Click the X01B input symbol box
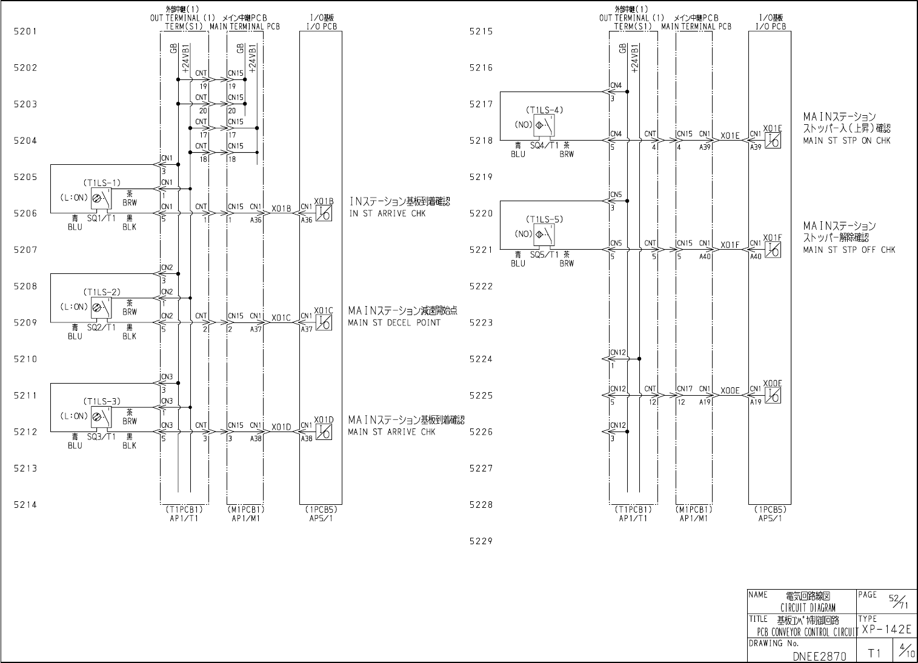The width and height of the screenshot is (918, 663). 324,213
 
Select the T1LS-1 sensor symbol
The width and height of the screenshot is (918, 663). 101,197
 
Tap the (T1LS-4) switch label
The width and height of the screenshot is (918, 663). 545,110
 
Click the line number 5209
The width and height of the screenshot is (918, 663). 25,322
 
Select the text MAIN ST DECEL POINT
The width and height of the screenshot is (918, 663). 394,323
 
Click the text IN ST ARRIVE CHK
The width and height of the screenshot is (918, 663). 387,213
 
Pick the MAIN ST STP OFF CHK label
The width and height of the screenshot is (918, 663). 849,250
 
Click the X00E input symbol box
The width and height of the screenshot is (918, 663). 773,396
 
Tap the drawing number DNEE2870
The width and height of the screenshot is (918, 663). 819,656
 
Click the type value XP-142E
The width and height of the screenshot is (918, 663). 886,630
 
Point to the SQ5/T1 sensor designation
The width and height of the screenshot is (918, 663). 544,255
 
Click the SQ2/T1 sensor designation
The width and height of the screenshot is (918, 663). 101,327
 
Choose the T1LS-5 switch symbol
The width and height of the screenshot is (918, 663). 544,234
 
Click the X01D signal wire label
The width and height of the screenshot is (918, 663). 282,427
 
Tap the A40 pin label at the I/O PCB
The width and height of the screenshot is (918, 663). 755,257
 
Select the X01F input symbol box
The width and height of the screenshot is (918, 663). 773,250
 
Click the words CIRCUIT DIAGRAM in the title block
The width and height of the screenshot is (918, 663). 808,608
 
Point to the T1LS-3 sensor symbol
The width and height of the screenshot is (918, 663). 101,416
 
